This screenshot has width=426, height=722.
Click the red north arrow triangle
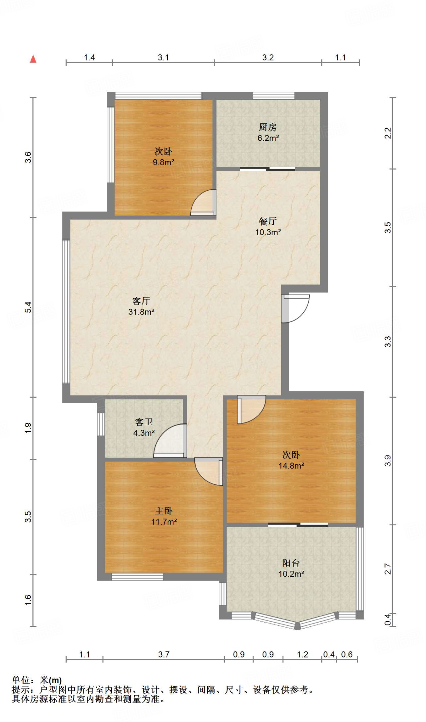click(x=33, y=59)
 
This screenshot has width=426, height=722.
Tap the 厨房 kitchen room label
click(x=268, y=127)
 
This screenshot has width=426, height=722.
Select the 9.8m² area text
click(x=163, y=163)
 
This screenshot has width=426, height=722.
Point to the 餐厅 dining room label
click(x=268, y=221)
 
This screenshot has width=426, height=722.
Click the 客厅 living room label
click(x=141, y=301)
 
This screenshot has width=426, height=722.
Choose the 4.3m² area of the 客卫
click(x=144, y=433)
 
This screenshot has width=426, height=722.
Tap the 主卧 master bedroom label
click(x=164, y=511)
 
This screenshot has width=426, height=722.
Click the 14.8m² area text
click(x=291, y=466)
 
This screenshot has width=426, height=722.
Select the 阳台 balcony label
click(x=291, y=563)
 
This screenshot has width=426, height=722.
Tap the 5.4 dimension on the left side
click(x=28, y=307)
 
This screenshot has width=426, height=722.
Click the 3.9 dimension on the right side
click(x=388, y=461)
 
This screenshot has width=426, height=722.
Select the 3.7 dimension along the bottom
click(x=163, y=655)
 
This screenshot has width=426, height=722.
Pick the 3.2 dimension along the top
click(x=268, y=57)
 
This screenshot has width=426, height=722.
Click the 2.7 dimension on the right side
click(x=388, y=569)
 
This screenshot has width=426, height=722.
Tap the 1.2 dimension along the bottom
click(x=302, y=655)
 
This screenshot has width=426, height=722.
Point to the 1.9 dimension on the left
click(x=28, y=428)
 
